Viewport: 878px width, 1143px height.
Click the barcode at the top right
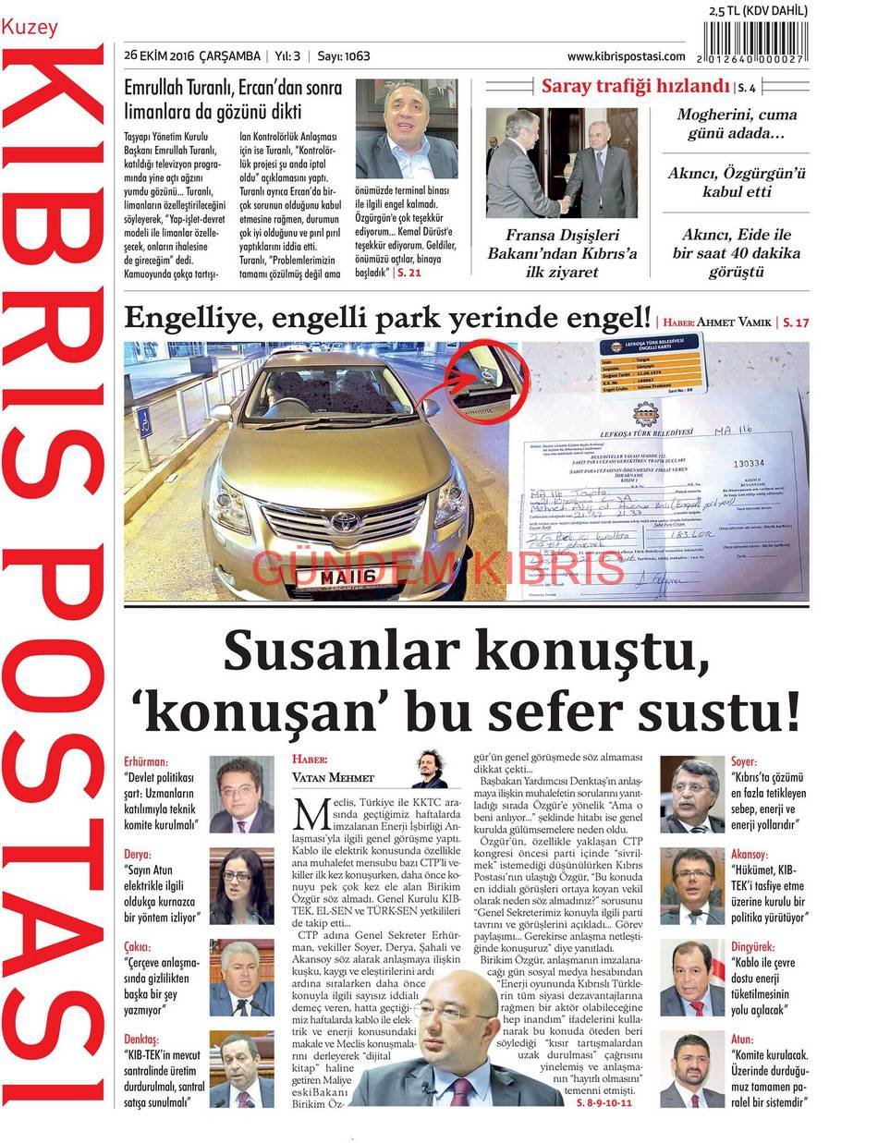pos(755,41)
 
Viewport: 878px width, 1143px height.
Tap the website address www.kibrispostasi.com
pos(626,56)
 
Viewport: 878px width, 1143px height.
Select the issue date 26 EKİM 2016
pos(192,56)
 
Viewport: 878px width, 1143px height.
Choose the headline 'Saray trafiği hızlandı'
pos(636,87)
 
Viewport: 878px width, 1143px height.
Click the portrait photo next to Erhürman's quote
pos(241,794)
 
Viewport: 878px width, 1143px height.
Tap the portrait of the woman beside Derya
pos(241,886)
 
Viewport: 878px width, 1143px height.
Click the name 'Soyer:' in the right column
pos(744,762)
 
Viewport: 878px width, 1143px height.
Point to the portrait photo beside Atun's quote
pos(692,1070)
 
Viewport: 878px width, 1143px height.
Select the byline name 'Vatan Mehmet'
pos(333,777)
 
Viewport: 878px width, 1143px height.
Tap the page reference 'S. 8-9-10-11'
pos(605,1104)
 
